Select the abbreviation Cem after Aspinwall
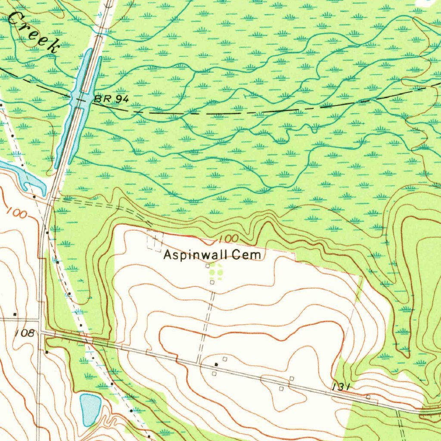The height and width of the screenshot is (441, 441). (x=246, y=255)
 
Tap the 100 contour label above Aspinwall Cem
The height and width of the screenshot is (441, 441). (x=228, y=238)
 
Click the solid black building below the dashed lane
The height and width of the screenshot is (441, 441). (x=216, y=365)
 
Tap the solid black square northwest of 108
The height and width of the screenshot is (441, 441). (x=15, y=315)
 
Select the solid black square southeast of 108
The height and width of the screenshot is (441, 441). (x=47, y=352)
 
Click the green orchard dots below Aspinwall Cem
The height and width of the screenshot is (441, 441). (x=215, y=273)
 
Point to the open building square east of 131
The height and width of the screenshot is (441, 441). (x=368, y=397)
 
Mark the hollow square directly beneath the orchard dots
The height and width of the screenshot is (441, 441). (x=212, y=283)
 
